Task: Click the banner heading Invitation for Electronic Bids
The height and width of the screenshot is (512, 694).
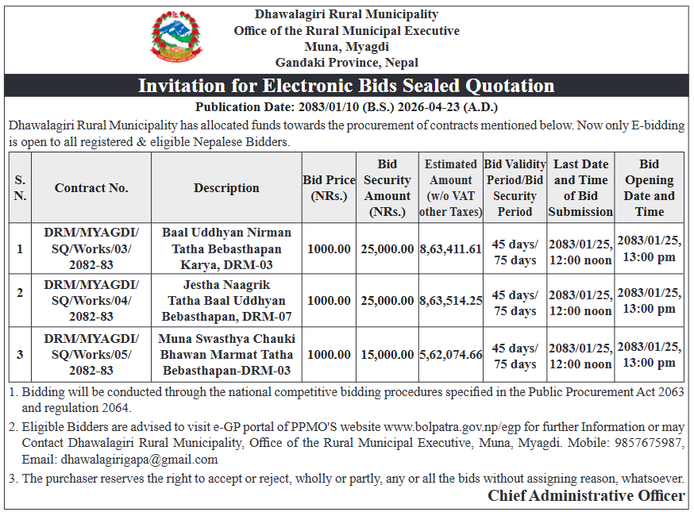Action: (346, 86)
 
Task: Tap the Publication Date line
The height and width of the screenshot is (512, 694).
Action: (346, 107)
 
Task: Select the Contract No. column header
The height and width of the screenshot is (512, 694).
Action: (91, 188)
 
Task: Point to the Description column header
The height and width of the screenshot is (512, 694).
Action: (226, 188)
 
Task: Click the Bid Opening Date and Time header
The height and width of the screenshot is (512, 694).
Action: (649, 188)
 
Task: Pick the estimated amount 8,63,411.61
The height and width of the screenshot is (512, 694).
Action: (450, 248)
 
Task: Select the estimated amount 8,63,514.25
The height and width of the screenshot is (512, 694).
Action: (450, 300)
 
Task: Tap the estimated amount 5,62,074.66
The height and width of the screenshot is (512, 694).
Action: (450, 354)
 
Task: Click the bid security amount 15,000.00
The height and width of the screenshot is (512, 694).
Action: (387, 354)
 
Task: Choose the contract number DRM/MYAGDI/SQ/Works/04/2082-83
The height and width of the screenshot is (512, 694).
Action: (91, 300)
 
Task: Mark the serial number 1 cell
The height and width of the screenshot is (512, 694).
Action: (20, 248)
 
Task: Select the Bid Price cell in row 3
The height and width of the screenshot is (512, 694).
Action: (329, 354)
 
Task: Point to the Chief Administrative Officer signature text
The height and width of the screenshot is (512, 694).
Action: (586, 495)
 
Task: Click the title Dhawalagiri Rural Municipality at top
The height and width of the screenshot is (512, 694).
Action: (346, 14)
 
